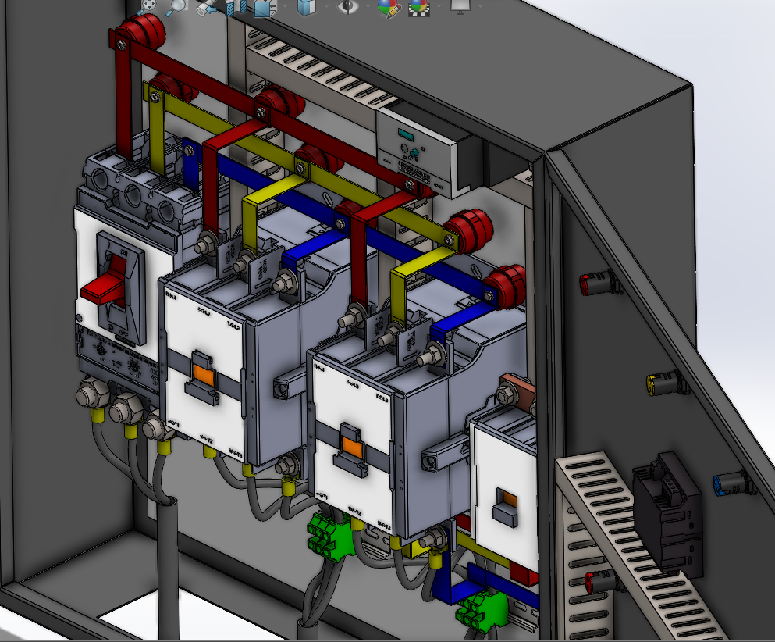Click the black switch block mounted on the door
(x=666, y=512)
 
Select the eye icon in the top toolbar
(x=347, y=6)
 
